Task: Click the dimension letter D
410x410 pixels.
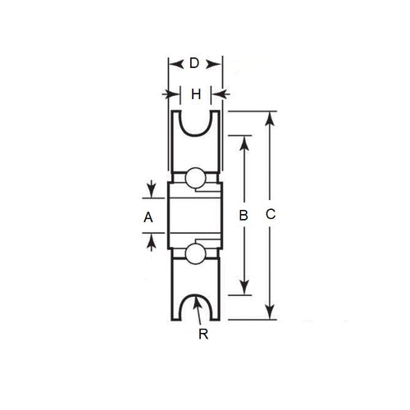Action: click(x=194, y=63)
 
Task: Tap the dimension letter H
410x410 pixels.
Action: click(x=195, y=94)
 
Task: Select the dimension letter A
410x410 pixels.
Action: click(x=148, y=217)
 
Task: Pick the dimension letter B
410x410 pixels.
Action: click(x=243, y=216)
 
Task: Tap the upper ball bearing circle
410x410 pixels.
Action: click(x=195, y=179)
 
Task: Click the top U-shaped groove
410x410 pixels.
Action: click(x=195, y=123)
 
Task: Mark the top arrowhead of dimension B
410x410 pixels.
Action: click(x=243, y=140)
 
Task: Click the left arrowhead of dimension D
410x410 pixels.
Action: click(x=172, y=63)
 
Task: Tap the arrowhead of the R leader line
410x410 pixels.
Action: click(x=198, y=300)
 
